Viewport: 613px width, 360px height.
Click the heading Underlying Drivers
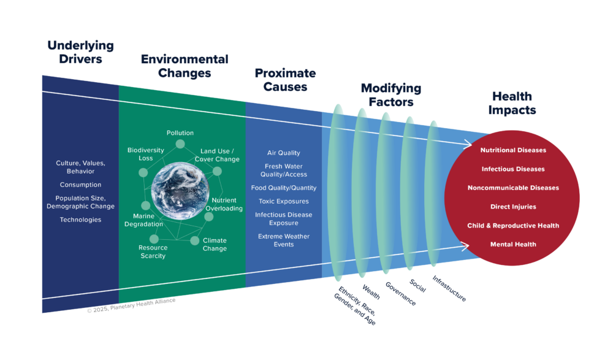[80, 52]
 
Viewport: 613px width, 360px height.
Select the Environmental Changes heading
[185, 66]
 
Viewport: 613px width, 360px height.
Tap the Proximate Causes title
[285, 80]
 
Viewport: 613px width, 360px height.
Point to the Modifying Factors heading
[390, 95]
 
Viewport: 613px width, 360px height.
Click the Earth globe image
[180, 192]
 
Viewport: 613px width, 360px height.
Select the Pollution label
[180, 133]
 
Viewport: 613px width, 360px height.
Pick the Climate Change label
[215, 244]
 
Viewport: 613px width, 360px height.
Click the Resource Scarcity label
[153, 251]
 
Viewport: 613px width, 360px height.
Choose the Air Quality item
[284, 153]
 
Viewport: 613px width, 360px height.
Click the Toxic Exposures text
[283, 201]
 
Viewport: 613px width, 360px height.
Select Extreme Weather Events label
[284, 240]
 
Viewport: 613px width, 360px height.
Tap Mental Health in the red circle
[513, 245]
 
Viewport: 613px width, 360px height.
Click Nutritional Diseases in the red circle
[513, 150]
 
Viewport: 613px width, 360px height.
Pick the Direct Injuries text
[513, 207]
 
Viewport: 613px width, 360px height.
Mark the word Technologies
[80, 220]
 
